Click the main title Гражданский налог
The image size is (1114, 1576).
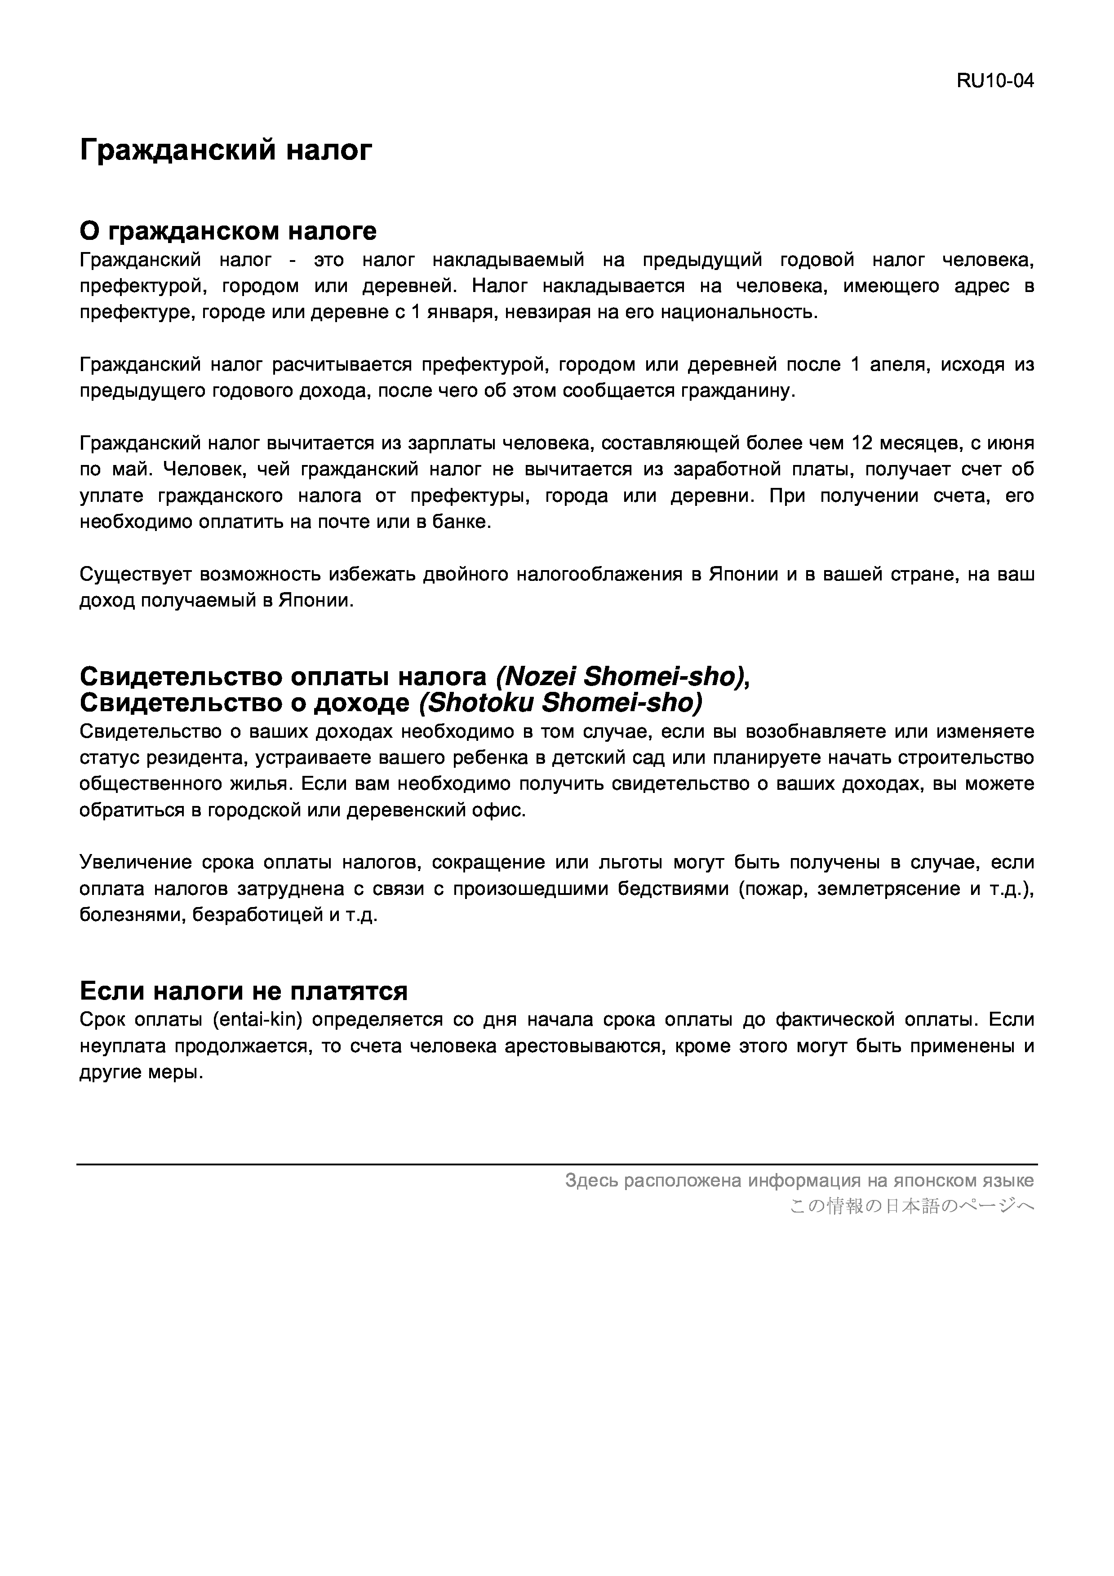coord(226,149)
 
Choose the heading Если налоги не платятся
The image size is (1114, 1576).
coord(244,991)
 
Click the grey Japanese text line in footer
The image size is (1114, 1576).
coord(911,1206)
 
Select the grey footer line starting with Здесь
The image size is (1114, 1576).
coord(799,1181)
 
